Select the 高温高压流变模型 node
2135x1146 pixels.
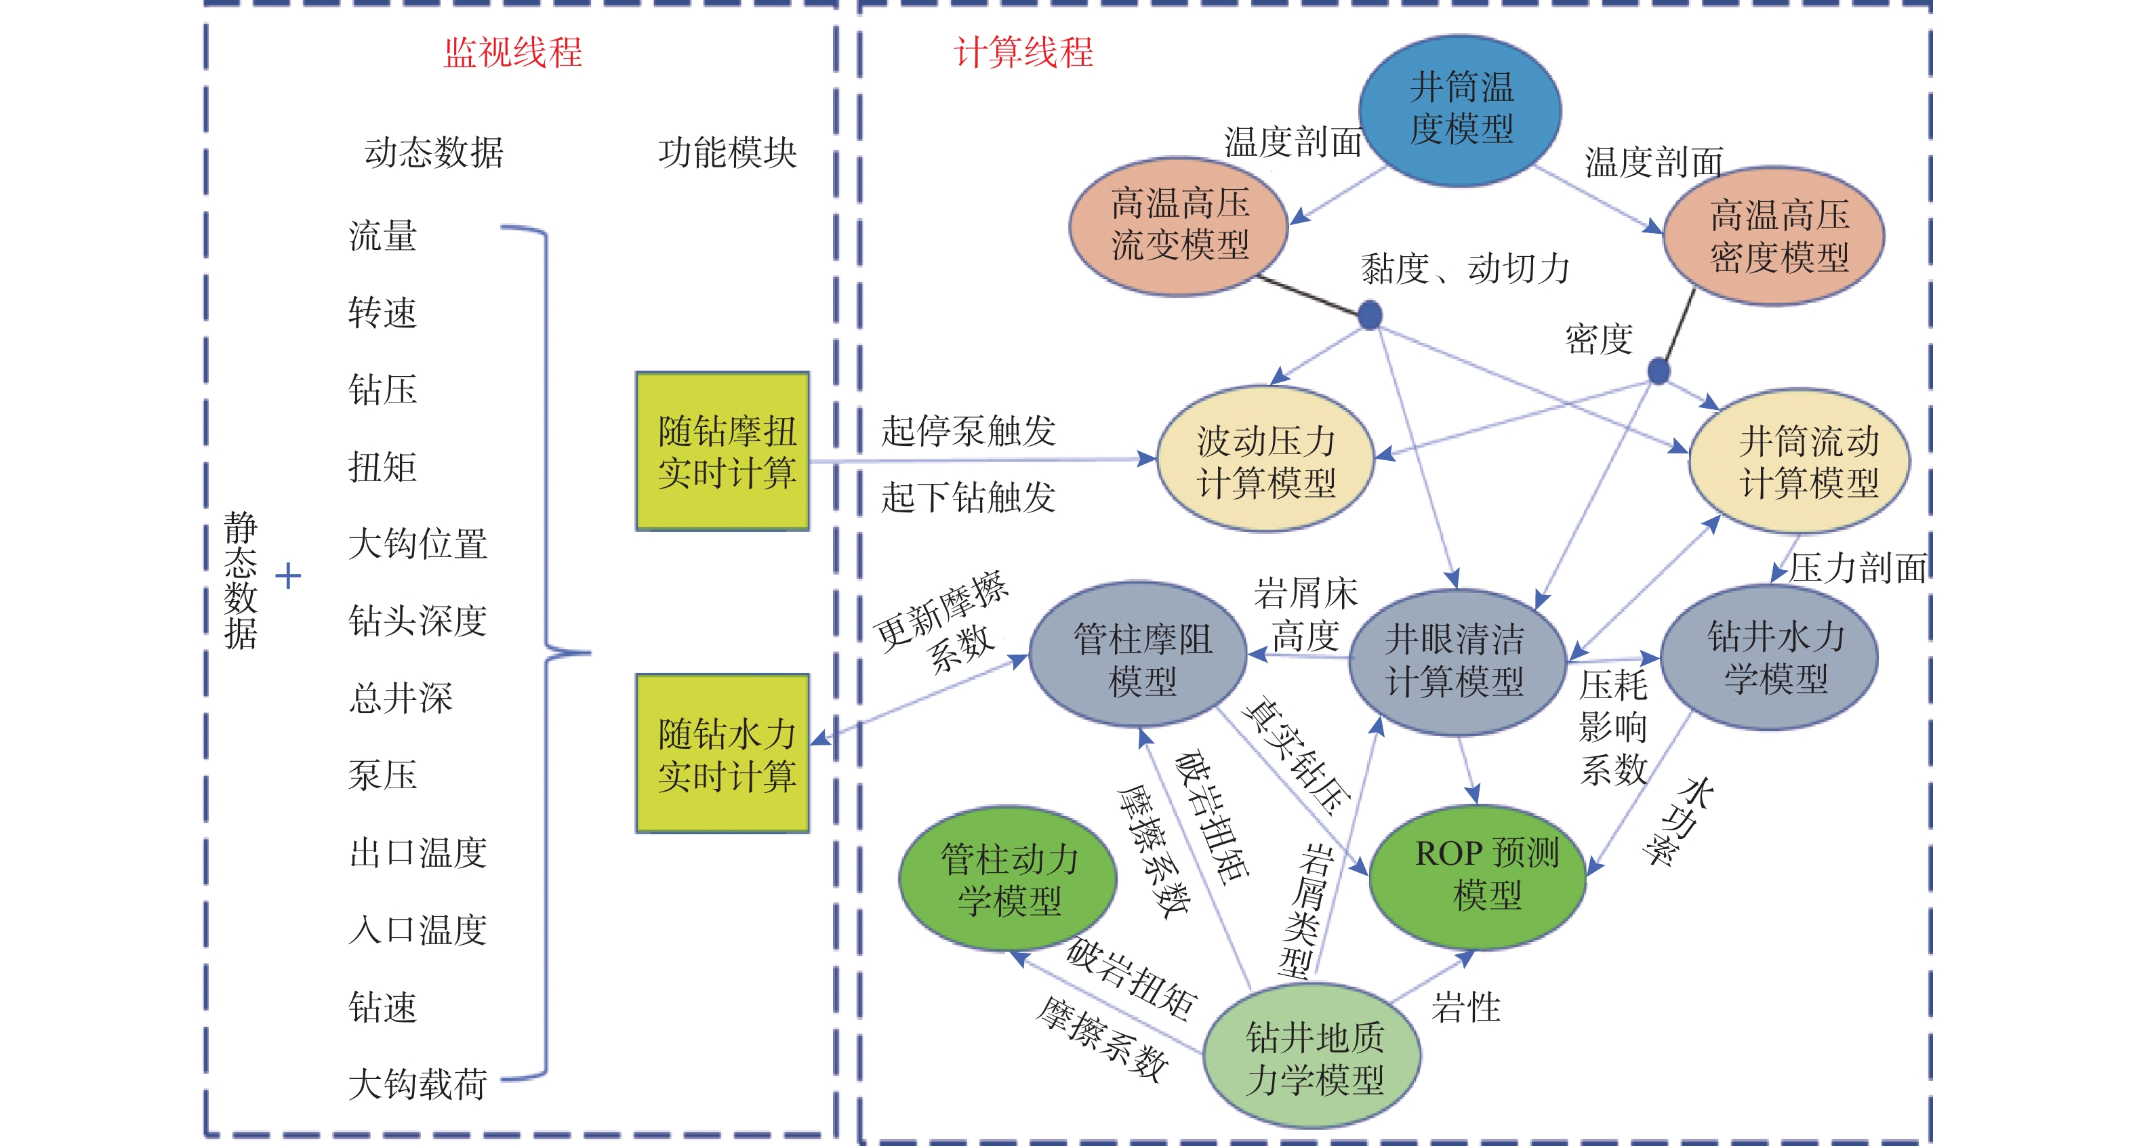coord(1179,226)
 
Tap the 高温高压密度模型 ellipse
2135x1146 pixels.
coord(1774,236)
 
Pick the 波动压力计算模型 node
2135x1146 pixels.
coord(1265,460)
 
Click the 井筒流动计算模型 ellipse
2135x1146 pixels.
coord(1800,461)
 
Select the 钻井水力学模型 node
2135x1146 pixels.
coord(1770,657)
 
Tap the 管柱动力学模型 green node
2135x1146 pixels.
coord(1008,878)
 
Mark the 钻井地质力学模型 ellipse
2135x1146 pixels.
coord(1313,1057)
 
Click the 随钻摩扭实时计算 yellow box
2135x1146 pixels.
coord(723,451)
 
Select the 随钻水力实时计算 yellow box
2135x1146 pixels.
coord(723,753)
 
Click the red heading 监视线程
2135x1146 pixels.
coord(513,53)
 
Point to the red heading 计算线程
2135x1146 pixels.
coord(1023,53)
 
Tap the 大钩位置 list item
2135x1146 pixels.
coord(418,544)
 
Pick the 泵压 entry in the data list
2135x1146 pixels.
coord(383,775)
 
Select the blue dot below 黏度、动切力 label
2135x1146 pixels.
coord(1370,315)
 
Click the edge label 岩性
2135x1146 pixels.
coord(1466,1008)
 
